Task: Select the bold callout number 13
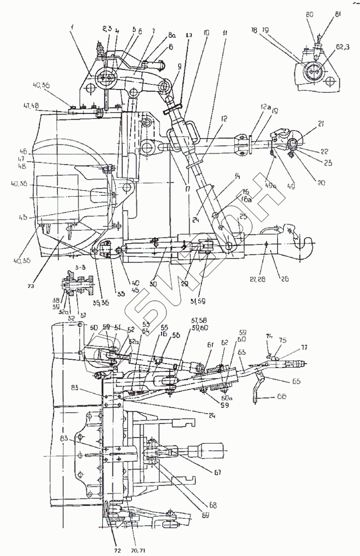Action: [x=190, y=34]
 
